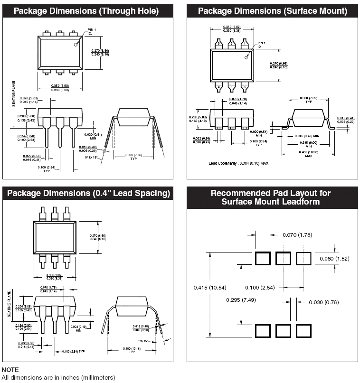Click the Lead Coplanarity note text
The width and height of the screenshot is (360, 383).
[x=238, y=163]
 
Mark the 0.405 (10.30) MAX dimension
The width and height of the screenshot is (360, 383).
[x=309, y=153]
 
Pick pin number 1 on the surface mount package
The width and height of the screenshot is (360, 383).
[x=244, y=44]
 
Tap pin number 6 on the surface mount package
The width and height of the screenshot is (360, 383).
[x=244, y=87]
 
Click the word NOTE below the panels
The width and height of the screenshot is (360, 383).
[x=10, y=369]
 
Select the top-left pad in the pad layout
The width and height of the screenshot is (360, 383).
[x=262, y=259]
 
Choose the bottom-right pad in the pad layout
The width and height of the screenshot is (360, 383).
[x=303, y=331]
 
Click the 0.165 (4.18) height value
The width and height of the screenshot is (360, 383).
[x=197, y=121]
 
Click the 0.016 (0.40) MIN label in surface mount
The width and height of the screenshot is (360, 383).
[x=304, y=136]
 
